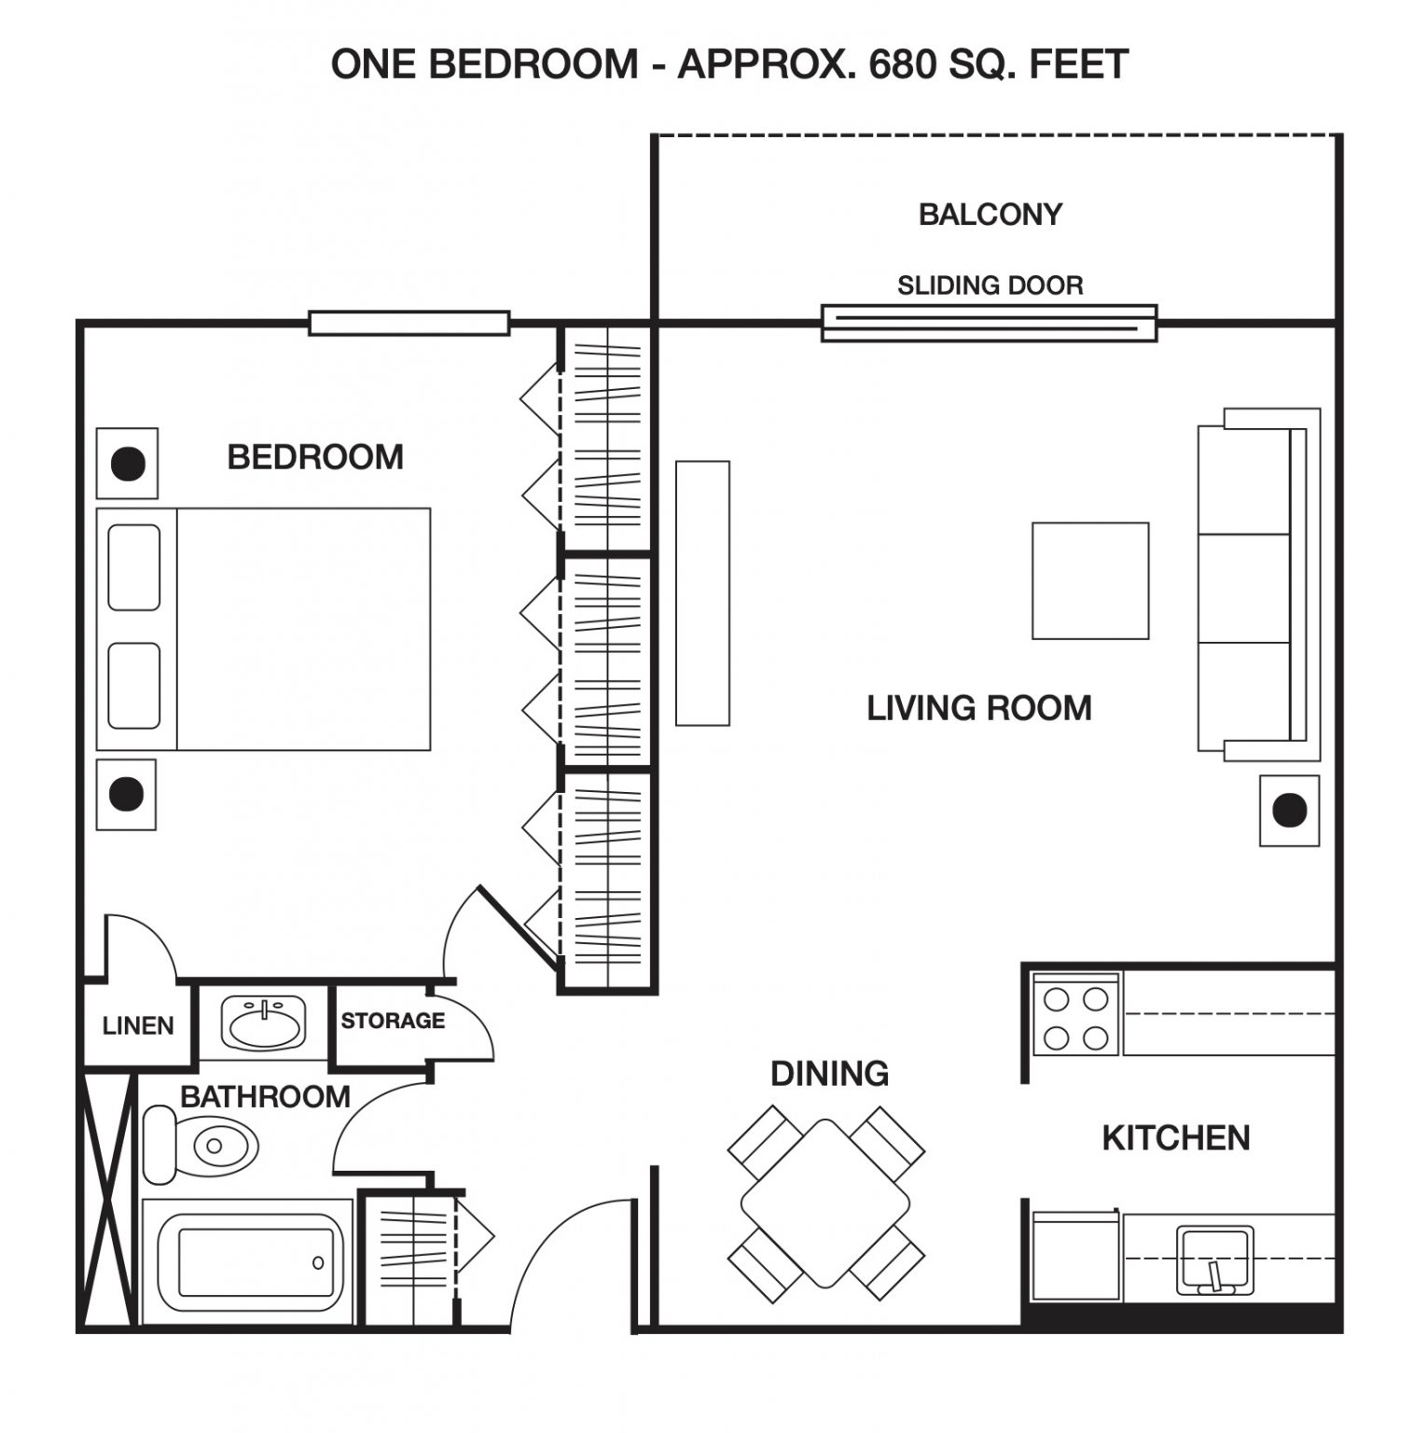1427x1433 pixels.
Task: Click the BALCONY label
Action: [990, 215]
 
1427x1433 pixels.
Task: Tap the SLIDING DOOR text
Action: [990, 285]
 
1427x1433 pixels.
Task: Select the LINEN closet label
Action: [138, 1026]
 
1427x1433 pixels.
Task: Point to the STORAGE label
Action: [392, 1021]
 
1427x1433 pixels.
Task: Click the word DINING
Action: [829, 1074]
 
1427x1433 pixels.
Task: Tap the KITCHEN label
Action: [1176, 1138]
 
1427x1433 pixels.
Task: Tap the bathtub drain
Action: [318, 1263]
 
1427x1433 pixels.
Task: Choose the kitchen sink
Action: [1214, 1259]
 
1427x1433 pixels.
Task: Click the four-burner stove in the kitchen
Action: [1074, 1015]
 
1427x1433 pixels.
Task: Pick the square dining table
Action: [825, 1203]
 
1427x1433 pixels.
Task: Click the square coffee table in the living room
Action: [1089, 580]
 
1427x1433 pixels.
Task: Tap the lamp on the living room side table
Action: [1290, 811]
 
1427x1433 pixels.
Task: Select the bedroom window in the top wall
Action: [409, 324]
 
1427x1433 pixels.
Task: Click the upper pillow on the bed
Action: [134, 567]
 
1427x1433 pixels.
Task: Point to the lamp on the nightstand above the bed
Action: [128, 463]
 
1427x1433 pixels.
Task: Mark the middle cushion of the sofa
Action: [1244, 588]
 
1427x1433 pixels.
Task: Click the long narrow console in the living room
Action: [702, 592]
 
